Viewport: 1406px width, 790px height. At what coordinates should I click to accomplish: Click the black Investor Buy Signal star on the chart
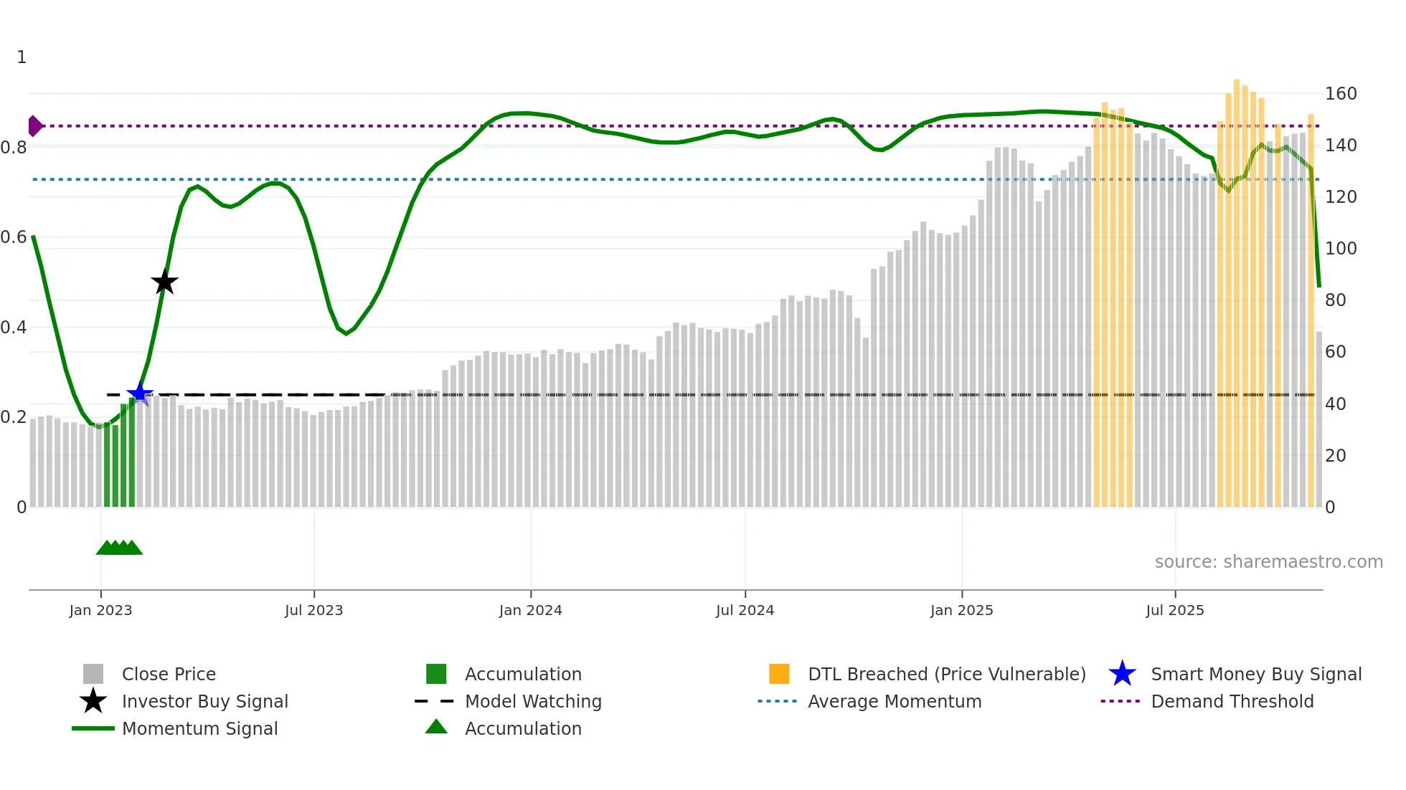point(164,282)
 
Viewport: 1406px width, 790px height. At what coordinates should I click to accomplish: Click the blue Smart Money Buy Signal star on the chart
point(139,394)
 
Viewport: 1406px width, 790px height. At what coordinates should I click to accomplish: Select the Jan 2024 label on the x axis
point(530,610)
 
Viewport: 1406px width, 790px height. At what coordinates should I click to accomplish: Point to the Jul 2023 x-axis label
point(313,610)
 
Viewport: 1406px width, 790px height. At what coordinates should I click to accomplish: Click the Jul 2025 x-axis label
point(1174,610)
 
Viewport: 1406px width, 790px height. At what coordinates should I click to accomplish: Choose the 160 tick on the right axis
point(1340,94)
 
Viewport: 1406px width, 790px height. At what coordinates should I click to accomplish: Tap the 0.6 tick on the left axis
point(14,237)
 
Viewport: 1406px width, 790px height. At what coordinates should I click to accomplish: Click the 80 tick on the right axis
point(1335,300)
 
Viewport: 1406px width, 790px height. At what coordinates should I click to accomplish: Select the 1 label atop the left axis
point(22,57)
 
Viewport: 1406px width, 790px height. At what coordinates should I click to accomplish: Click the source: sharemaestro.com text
point(1268,562)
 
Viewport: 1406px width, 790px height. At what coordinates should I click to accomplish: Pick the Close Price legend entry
point(168,674)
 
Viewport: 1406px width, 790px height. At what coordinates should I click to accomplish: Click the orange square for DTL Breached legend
point(778,674)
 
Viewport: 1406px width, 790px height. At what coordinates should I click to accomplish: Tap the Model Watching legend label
point(533,701)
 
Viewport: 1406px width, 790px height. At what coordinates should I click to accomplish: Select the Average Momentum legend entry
point(894,701)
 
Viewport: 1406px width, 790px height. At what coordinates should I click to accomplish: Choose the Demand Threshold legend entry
point(1232,701)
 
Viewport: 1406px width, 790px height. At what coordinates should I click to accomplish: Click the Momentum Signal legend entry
point(199,728)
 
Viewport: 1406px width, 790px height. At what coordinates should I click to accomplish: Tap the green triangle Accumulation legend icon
point(436,727)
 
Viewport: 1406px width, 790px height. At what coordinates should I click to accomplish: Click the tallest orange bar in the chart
point(1237,287)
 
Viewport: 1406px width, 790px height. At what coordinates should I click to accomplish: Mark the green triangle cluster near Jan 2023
point(119,548)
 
